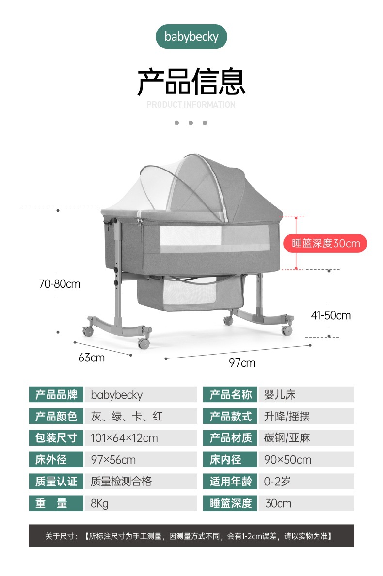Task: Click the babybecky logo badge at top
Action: pos(191,37)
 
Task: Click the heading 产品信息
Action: pos(191,82)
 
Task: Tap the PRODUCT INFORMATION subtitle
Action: pos(191,105)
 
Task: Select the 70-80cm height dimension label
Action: pos(60,284)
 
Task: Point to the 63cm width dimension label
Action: pos(92,358)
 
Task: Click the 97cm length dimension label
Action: pos(242,363)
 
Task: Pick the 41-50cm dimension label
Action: pos(331,316)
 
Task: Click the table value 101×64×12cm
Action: pos(125,438)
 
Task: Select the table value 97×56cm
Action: pos(113,460)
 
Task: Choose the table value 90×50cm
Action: pos(288,460)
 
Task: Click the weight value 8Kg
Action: pos(100,503)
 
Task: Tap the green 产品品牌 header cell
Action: pos(56,394)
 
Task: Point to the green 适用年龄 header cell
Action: pos(231,482)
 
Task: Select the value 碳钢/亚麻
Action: pos(287,438)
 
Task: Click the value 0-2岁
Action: pos(277,482)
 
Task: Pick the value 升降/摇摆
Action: pos(287,416)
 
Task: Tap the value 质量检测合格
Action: pos(121,482)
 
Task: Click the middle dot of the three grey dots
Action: pos(191,123)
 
